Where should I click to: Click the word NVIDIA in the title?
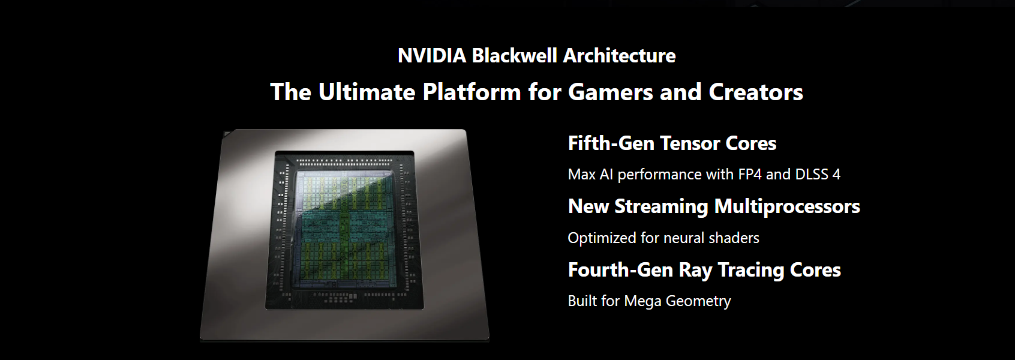pyautogui.click(x=432, y=56)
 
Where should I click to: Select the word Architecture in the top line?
pyautogui.click(x=619, y=56)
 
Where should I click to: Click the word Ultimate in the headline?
pyautogui.click(x=367, y=92)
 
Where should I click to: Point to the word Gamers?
pyautogui.click(x=611, y=92)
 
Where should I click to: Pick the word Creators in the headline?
pyautogui.click(x=756, y=92)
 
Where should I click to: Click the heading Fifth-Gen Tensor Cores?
pyautogui.click(x=672, y=143)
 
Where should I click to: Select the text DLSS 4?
pyautogui.click(x=818, y=174)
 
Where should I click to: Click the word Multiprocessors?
pyautogui.click(x=786, y=207)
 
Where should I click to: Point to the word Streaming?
pyautogui.click(x=661, y=207)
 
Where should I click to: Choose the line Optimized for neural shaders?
pyautogui.click(x=663, y=238)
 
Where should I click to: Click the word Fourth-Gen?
pyautogui.click(x=620, y=270)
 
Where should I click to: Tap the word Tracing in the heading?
pyautogui.click(x=751, y=271)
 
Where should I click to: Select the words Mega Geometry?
pyautogui.click(x=677, y=301)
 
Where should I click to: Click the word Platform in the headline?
pyautogui.click(x=472, y=92)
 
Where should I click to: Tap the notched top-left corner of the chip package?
pyautogui.click(x=227, y=134)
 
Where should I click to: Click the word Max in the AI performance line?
pyautogui.click(x=582, y=174)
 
